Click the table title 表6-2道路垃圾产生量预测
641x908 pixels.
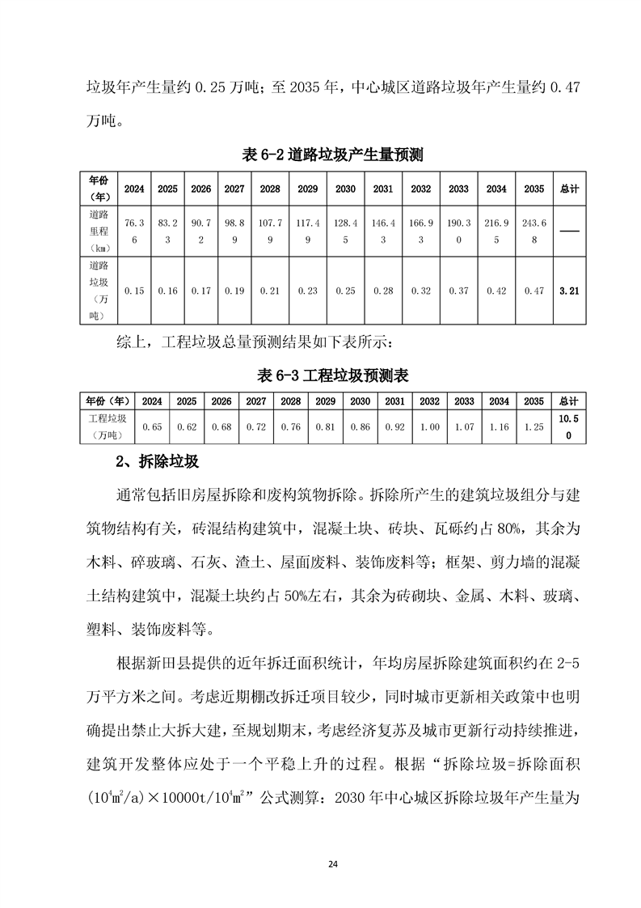point(333,155)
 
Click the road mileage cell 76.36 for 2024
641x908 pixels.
point(134,230)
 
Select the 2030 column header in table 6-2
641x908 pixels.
point(344,189)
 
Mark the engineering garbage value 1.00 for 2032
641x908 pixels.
point(429,426)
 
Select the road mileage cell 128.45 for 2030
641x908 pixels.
point(344,230)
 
